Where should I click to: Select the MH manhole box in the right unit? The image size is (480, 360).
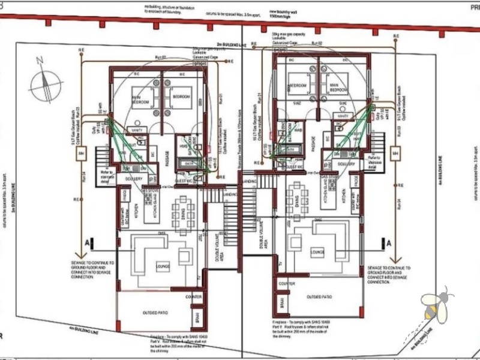[x=395, y=154]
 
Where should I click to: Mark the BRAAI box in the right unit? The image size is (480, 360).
[x=278, y=300]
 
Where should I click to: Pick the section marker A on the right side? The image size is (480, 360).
[x=389, y=243]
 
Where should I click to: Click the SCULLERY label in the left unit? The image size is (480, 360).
[x=133, y=179]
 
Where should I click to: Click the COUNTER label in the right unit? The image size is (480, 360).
[x=287, y=283]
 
